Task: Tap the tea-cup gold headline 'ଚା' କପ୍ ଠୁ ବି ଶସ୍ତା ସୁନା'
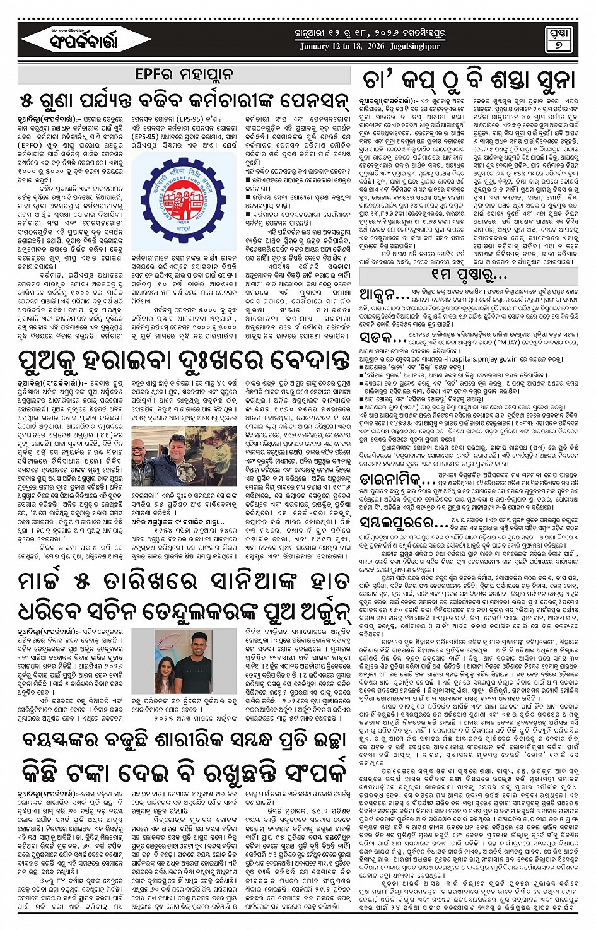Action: pyautogui.click(x=469, y=80)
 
